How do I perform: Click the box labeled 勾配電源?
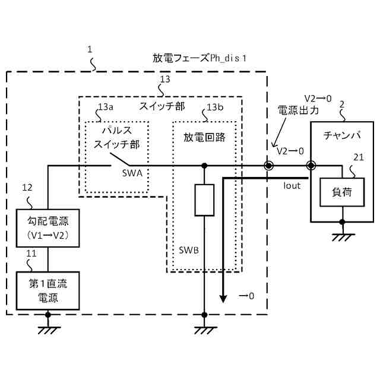point(48,229)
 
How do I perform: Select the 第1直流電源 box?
point(48,290)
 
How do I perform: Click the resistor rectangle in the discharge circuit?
point(204,200)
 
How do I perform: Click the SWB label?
point(188,249)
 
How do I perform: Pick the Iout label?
point(292,185)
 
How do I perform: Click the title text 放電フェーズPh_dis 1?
point(199,58)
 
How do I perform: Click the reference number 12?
point(27,188)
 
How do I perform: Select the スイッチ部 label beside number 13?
point(162,107)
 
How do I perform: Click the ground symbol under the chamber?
point(341,236)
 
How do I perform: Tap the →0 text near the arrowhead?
point(246,295)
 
